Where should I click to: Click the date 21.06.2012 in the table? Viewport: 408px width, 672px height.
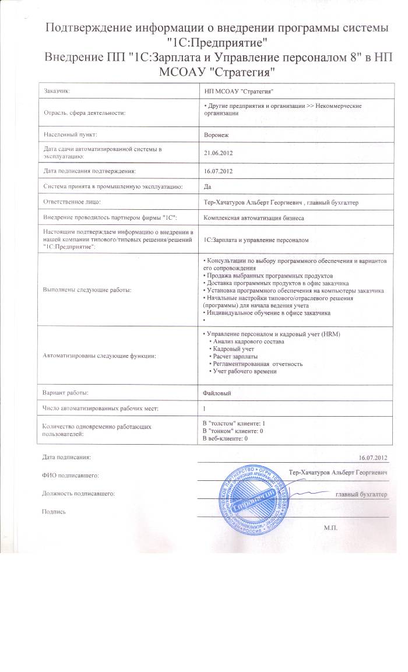(x=217, y=153)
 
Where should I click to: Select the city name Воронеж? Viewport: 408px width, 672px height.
(x=216, y=134)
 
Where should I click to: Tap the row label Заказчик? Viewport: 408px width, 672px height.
(x=59, y=91)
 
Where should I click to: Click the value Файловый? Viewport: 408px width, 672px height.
(x=216, y=393)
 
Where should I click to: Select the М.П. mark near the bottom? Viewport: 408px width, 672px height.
(x=330, y=526)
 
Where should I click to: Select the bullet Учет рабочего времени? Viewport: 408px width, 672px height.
(x=244, y=371)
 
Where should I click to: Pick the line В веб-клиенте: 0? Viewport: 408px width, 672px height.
(x=225, y=438)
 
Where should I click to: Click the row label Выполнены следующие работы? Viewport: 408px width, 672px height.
(x=87, y=289)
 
